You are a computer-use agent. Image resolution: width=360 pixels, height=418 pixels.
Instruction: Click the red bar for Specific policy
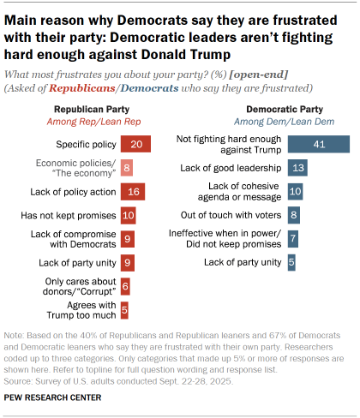coord(136,146)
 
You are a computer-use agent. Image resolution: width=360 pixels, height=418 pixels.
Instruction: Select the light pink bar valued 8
coord(127,169)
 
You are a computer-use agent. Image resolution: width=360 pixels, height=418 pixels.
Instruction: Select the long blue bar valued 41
coord(318,144)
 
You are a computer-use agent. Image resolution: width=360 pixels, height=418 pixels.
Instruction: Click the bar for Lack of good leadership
coord(297,168)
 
